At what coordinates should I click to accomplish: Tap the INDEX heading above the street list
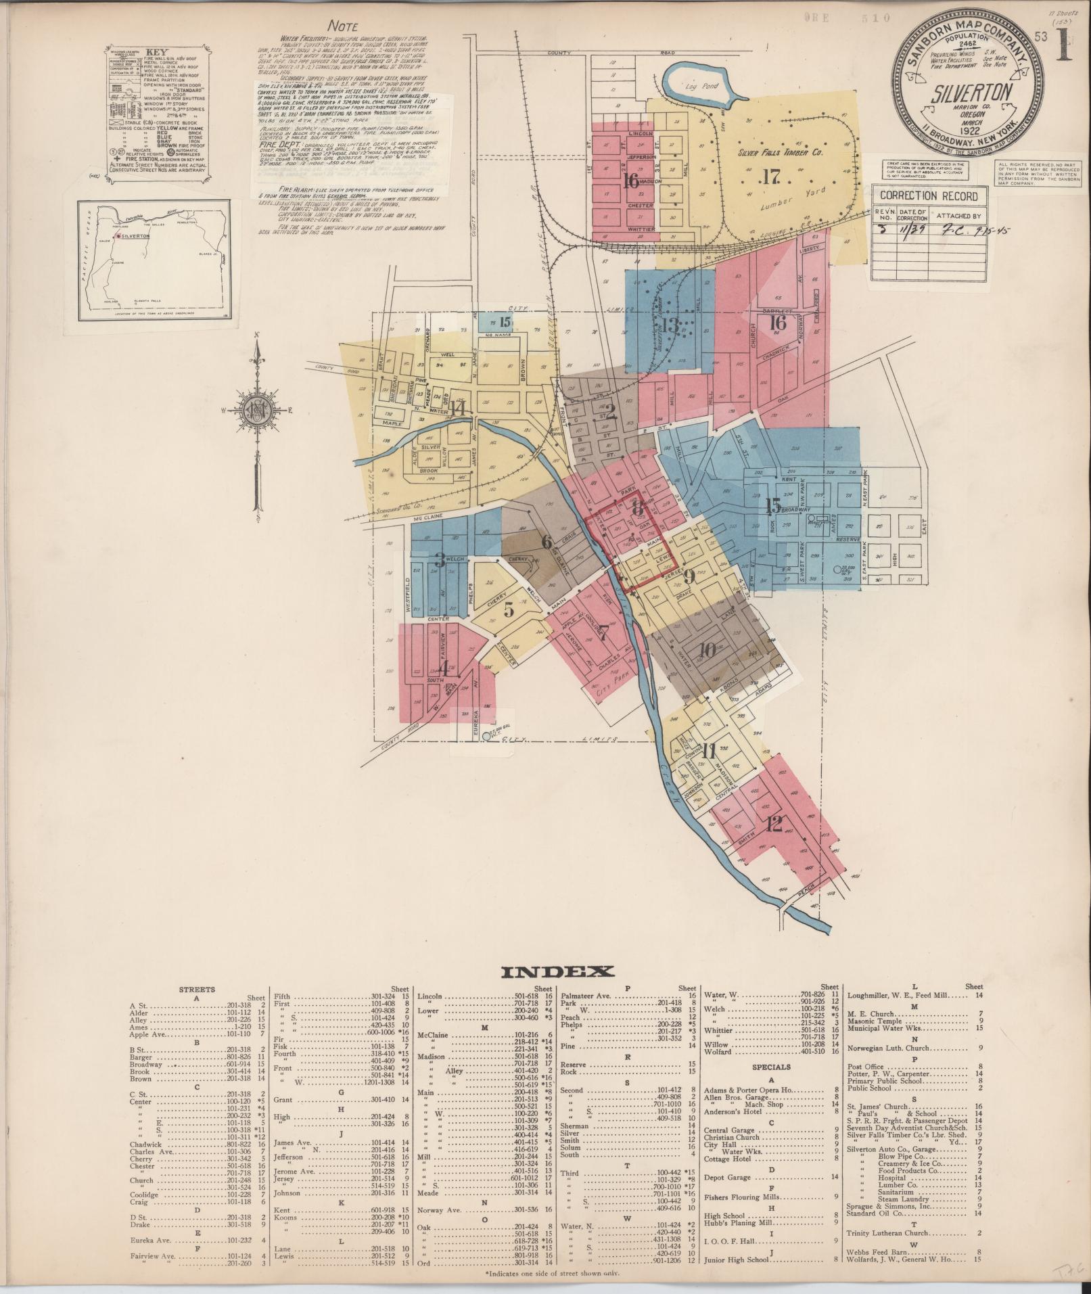[557, 973]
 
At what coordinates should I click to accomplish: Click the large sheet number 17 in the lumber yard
[770, 177]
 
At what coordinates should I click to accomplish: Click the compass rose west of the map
[257, 411]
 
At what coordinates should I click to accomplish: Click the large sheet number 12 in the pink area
[775, 824]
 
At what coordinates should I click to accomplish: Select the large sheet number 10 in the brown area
[707, 650]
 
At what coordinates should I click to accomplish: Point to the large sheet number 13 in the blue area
[670, 325]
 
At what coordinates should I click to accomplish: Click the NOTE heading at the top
[343, 26]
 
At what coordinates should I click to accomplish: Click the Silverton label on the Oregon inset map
[134, 237]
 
